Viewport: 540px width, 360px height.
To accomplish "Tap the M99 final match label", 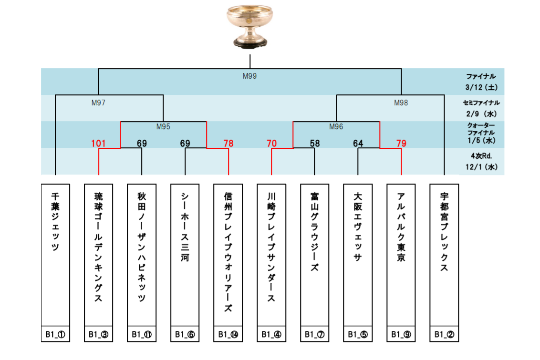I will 249,76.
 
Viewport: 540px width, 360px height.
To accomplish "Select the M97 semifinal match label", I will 98,102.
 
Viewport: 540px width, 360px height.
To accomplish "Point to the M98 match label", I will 401,102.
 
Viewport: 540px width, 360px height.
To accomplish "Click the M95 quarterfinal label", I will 163,127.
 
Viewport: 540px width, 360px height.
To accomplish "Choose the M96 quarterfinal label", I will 336,127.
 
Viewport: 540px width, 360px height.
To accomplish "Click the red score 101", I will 98,143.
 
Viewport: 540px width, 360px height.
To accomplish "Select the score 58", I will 314,143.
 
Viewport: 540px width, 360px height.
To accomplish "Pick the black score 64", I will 358,143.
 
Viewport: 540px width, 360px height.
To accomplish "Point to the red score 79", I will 401,143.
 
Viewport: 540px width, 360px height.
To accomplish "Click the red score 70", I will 271,143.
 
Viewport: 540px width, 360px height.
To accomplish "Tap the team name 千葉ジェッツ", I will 55,222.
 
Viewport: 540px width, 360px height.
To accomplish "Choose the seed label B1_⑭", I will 228,335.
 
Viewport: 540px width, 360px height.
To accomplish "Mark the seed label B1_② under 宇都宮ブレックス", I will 444,335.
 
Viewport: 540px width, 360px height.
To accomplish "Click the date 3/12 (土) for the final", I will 480,88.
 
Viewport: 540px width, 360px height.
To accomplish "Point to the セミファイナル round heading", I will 480,103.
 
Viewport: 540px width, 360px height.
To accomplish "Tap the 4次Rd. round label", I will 480,155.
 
